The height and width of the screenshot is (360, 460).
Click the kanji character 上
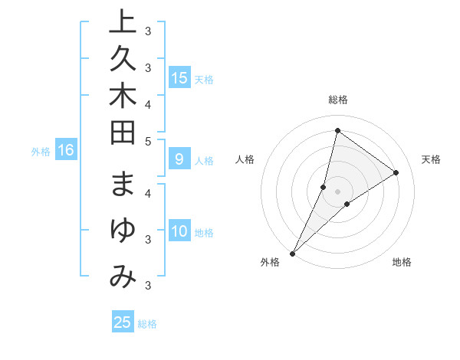point(123,22)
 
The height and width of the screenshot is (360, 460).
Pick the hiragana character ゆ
point(123,231)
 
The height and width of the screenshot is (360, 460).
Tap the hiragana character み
point(123,277)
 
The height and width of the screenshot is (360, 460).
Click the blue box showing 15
point(179,77)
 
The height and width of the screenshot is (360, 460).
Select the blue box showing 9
point(179,159)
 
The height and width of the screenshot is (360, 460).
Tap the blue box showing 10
point(179,231)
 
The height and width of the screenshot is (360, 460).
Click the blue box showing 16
point(66,150)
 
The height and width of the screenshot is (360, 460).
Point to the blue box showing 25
point(123,322)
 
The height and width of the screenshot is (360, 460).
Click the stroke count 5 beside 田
point(148,142)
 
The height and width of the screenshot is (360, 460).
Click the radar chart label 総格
point(337,100)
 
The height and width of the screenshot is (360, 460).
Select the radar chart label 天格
point(431,159)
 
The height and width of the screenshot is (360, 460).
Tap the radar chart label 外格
point(270,263)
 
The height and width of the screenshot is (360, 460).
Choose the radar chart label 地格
point(402,263)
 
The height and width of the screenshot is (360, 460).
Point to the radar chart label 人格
point(245,159)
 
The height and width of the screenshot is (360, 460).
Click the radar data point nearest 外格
point(293,253)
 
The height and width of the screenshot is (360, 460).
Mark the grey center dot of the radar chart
point(337,191)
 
